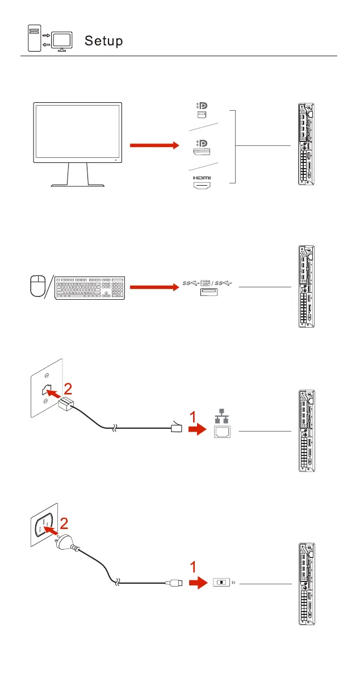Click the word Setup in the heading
tap(104, 41)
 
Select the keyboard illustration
tap(90, 287)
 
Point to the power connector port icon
tap(221, 583)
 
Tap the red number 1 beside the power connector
tap(194, 567)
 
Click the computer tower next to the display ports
tap(307, 144)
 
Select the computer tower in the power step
tap(307, 583)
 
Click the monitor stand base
tap(77, 185)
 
